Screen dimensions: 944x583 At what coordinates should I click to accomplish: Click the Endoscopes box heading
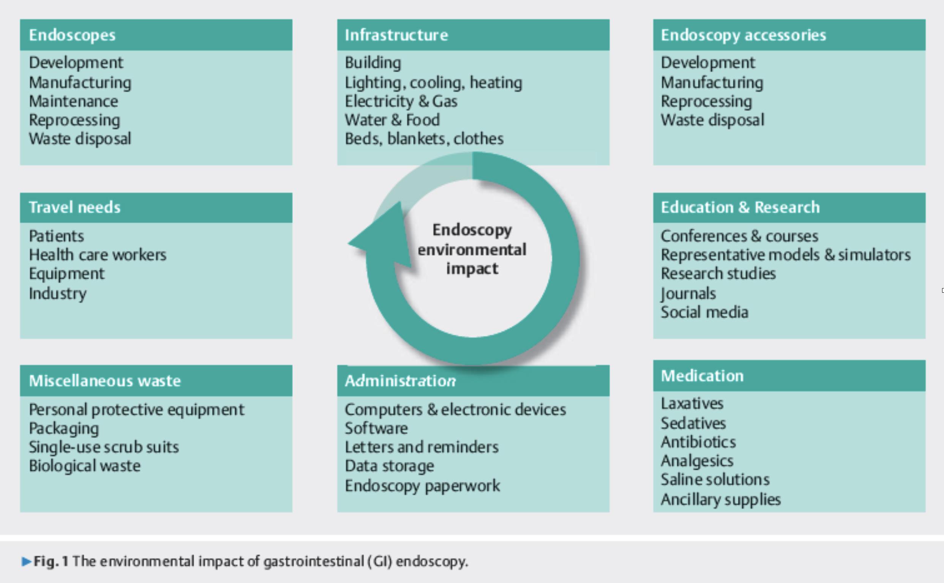[72, 35]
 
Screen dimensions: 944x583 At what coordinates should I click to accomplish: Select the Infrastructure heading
[396, 35]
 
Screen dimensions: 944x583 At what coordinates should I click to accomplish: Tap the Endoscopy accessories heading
[744, 35]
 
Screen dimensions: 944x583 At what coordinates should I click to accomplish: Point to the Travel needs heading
[74, 208]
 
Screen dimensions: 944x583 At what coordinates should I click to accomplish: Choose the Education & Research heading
[740, 208]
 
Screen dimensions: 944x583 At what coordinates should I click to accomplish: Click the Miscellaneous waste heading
[104, 381]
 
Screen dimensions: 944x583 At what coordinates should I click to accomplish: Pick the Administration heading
[400, 381]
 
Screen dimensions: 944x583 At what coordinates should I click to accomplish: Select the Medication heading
[702, 376]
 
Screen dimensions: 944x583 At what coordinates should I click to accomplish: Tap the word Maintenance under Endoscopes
[73, 101]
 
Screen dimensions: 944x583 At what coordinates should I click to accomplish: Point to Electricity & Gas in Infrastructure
[401, 101]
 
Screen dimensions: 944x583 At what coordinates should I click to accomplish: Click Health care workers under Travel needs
[98, 255]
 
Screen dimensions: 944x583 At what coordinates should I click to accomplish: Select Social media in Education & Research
[704, 312]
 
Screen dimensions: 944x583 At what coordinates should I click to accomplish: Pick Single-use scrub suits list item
[104, 447]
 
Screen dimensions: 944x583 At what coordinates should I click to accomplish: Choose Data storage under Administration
[389, 466]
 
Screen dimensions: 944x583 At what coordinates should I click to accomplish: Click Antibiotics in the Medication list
[698, 442]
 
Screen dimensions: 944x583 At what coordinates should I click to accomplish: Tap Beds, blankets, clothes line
[424, 139]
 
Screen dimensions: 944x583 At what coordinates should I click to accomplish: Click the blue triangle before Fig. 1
[26, 561]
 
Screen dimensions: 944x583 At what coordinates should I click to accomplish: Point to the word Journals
[688, 294]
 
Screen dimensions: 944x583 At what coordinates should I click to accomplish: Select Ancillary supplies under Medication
[721, 500]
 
